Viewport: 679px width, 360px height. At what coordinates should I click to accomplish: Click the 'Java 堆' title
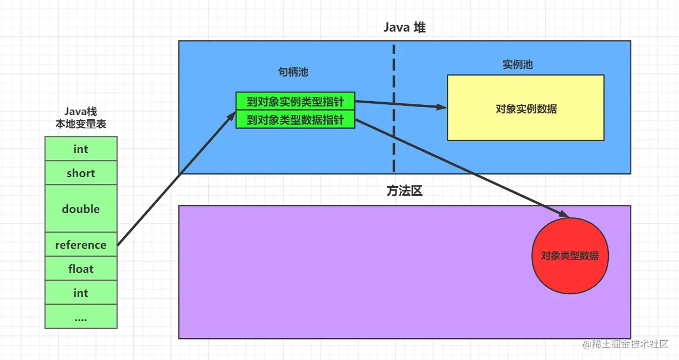404,28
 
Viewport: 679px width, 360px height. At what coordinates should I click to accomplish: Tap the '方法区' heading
404,191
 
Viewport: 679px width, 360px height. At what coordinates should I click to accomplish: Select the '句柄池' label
293,72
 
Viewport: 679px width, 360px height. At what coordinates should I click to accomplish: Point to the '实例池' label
517,65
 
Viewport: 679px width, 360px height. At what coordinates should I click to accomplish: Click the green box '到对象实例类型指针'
295,102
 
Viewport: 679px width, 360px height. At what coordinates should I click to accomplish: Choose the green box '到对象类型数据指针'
295,120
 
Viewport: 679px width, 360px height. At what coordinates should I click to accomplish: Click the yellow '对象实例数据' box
525,109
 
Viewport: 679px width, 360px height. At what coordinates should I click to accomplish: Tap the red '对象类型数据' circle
570,256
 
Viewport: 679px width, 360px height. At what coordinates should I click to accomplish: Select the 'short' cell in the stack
81,173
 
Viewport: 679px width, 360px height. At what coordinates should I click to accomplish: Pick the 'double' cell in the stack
81,209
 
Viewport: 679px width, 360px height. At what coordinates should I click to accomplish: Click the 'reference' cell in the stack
81,245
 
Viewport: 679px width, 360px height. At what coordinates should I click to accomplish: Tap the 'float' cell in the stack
81,269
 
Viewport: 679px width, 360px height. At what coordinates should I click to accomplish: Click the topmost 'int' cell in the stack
81,149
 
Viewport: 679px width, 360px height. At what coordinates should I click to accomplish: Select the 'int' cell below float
81,293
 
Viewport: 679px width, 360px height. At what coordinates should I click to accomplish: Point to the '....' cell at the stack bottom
81,317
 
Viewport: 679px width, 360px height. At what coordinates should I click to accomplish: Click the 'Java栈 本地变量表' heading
81,118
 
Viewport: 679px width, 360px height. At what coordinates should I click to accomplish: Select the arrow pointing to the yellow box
401,104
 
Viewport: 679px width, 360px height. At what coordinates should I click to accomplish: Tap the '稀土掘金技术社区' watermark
626,344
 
